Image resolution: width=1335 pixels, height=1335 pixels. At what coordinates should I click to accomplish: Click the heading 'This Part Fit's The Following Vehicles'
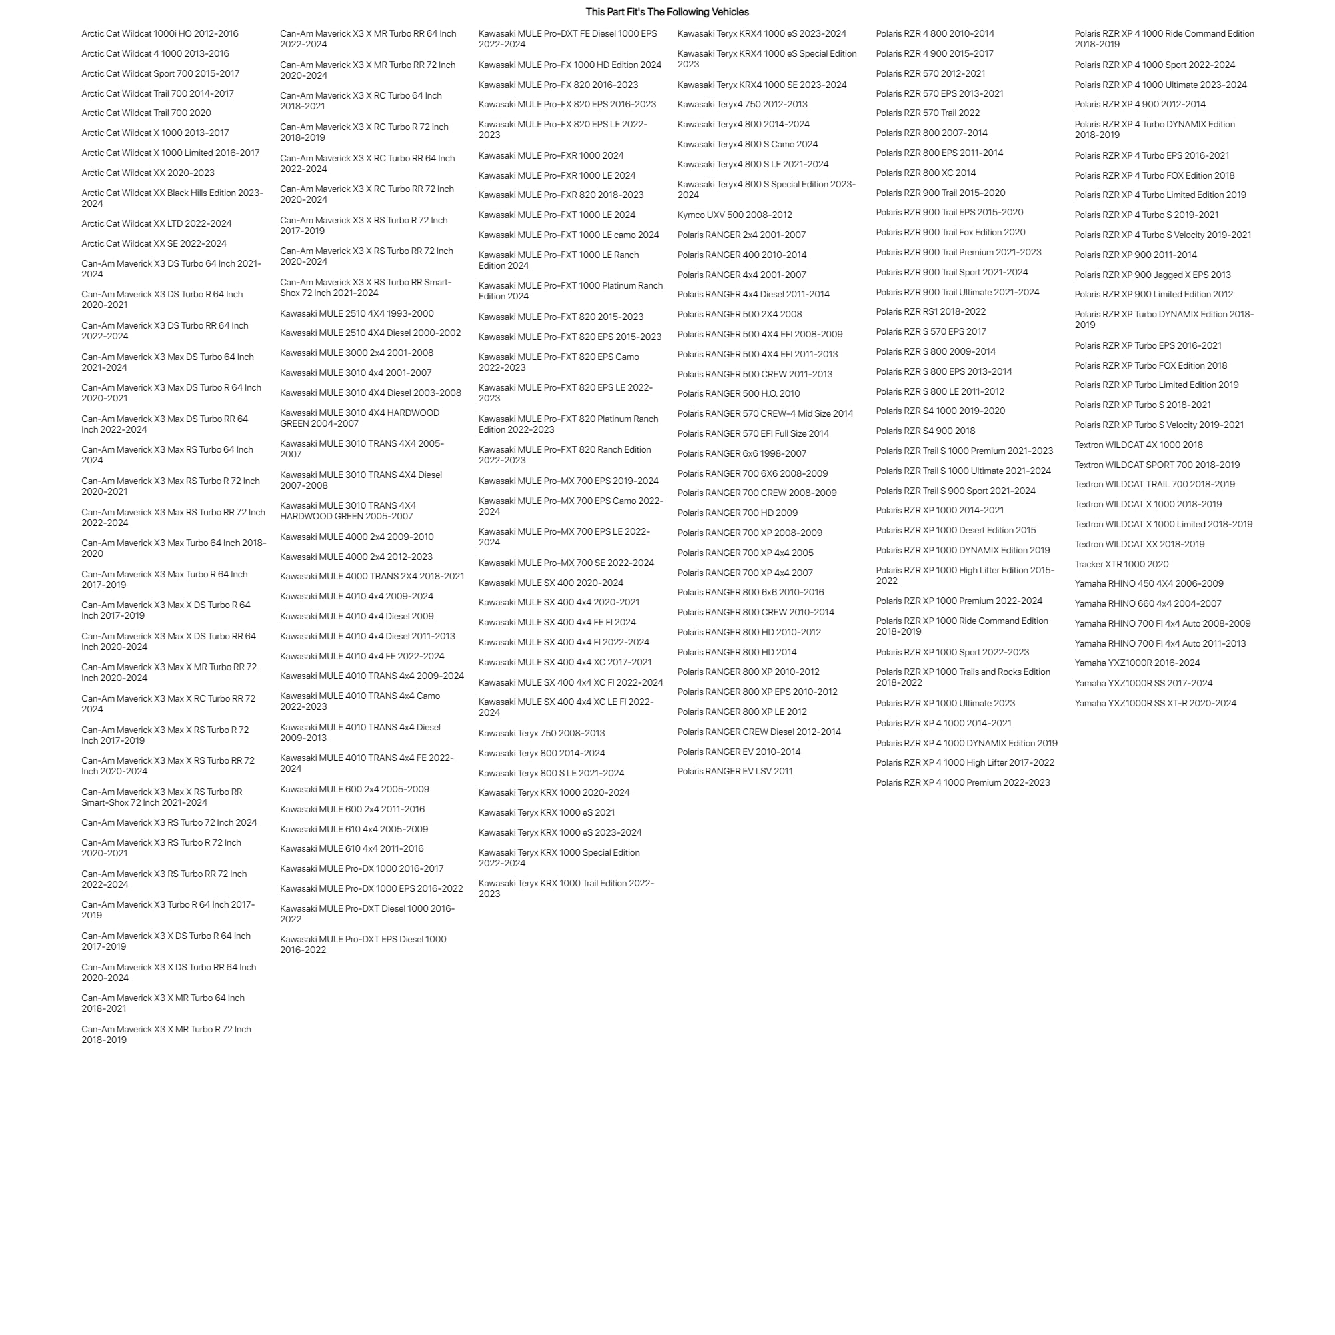tap(667, 12)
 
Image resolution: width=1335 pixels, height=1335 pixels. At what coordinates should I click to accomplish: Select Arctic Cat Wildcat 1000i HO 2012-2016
tap(159, 33)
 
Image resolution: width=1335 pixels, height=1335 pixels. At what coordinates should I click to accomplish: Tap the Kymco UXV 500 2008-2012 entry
tap(735, 215)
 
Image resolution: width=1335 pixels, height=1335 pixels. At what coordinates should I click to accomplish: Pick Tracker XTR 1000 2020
tap(1122, 564)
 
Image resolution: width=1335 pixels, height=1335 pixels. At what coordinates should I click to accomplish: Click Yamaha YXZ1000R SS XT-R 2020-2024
tap(1156, 703)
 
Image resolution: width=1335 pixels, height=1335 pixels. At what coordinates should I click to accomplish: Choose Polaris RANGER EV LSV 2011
tap(735, 771)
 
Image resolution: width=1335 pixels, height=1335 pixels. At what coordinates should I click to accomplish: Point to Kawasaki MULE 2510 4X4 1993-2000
tap(357, 313)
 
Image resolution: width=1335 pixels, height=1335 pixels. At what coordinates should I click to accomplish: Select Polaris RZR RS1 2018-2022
tap(931, 311)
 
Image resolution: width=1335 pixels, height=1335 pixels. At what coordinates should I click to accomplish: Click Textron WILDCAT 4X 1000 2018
tap(1138, 445)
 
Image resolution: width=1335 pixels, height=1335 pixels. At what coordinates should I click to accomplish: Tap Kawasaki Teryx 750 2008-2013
tap(541, 733)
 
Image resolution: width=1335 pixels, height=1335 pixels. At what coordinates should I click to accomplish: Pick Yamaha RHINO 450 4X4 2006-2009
tap(1148, 584)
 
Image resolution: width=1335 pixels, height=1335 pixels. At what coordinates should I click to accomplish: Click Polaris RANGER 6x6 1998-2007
tap(742, 453)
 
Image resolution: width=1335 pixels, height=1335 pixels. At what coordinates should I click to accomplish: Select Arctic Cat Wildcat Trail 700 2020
tap(147, 113)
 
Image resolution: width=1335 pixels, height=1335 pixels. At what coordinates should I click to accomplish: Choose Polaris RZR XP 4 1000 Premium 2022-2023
tap(962, 782)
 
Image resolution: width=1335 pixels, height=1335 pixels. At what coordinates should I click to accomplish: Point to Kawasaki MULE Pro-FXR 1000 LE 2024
tap(557, 175)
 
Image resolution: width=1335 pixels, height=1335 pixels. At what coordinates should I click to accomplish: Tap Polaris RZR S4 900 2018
tap(926, 431)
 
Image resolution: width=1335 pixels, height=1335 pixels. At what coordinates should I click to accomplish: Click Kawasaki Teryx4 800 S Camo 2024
tap(747, 145)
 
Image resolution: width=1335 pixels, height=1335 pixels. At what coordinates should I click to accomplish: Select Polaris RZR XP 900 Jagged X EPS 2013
tap(1152, 275)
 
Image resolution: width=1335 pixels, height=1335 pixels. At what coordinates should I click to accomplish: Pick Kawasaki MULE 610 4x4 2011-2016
tap(351, 848)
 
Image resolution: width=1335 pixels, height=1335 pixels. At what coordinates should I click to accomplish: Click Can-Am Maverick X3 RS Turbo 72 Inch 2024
tap(169, 822)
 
